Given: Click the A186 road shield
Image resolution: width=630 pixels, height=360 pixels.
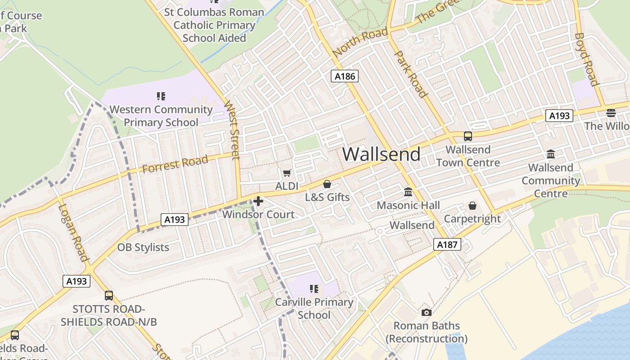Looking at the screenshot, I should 345,76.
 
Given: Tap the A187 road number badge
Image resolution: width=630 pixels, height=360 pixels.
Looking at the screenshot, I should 447,245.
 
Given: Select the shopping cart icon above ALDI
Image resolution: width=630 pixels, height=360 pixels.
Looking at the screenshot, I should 287,173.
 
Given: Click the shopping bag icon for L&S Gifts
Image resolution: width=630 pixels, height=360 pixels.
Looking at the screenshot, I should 327,184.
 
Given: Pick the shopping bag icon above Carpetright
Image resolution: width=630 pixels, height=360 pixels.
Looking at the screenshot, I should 472,206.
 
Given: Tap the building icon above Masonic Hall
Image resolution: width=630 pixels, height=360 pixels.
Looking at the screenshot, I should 408,192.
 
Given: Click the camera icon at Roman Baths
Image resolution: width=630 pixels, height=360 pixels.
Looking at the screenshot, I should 426,312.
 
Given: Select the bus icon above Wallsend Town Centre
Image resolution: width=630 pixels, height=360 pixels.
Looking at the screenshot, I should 468,136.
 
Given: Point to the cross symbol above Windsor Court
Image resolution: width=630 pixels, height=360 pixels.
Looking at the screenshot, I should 258,201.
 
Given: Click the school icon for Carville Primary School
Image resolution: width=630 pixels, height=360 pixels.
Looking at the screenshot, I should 314,289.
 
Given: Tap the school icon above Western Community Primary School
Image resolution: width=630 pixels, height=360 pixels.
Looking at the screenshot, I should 161,96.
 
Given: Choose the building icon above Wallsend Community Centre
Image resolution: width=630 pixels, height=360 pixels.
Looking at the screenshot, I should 551,154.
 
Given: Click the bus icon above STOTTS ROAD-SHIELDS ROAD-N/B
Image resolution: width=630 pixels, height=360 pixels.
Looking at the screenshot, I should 109,295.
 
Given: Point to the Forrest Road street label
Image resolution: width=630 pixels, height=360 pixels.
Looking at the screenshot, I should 175,164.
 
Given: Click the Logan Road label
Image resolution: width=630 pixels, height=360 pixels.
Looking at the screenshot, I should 72,233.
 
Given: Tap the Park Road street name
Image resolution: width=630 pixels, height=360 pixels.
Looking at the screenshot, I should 410,74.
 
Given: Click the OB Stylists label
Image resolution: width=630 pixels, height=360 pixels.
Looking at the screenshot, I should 143,247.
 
